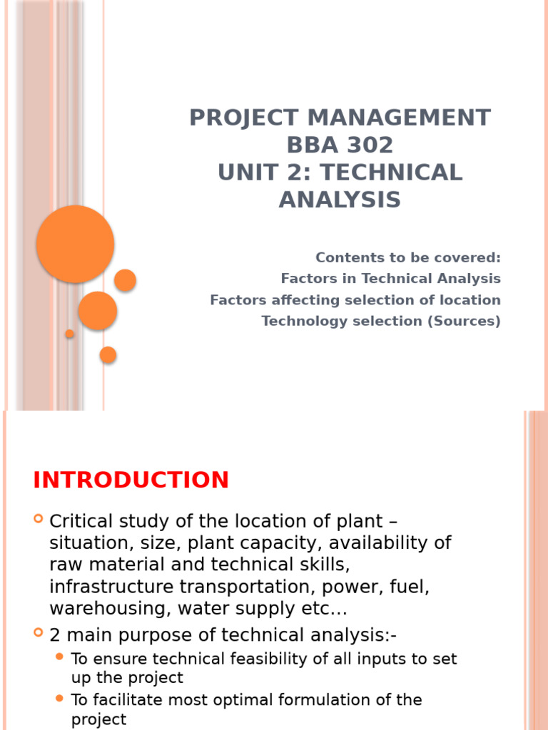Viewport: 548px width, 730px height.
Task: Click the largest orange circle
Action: [75, 244]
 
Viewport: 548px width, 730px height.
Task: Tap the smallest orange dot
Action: [69, 334]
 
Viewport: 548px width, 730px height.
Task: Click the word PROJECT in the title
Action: [237, 118]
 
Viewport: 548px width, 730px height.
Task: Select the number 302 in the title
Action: [367, 145]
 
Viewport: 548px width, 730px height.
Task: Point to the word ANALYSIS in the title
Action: [340, 200]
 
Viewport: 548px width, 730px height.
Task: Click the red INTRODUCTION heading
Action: [131, 480]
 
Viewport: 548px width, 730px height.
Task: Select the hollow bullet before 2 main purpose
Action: [39, 632]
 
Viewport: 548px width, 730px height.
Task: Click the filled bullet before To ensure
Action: [59, 657]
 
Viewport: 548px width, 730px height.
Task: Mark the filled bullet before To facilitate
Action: [59, 698]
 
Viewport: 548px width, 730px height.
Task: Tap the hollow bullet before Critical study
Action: [39, 519]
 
